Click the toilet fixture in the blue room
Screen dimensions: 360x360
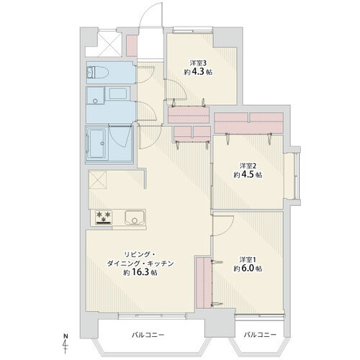[x=98, y=72]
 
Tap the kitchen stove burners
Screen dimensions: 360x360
[x=104, y=217]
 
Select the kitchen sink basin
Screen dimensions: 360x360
[x=135, y=217]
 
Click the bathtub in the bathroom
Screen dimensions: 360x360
[x=96, y=144]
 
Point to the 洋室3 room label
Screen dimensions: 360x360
[x=198, y=63]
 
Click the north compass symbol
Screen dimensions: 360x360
[x=66, y=343]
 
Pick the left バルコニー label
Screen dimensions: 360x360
[x=148, y=335]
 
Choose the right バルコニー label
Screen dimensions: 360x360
[x=260, y=335]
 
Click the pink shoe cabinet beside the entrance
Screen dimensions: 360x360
[x=132, y=46]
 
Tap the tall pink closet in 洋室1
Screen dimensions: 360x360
[x=204, y=283]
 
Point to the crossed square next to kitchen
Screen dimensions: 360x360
[x=97, y=180]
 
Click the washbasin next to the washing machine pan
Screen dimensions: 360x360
[x=117, y=94]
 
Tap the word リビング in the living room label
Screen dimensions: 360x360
[x=135, y=254]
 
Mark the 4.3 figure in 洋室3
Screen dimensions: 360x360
[x=198, y=72]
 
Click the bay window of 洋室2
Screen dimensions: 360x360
[x=293, y=176]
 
